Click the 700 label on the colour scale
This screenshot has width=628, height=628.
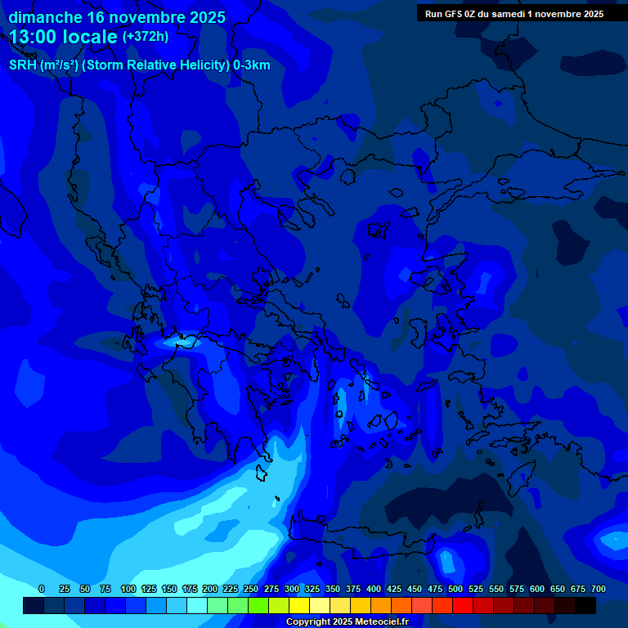(x=599, y=590)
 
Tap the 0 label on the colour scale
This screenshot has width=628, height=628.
(x=42, y=590)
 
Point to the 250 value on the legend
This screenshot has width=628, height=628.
(x=251, y=590)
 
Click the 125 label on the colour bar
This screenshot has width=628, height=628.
(x=149, y=590)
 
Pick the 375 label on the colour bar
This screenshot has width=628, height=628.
(x=353, y=590)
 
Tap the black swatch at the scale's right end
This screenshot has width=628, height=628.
(x=585, y=606)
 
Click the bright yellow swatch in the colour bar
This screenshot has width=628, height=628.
(x=299, y=606)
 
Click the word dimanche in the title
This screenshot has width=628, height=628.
(x=45, y=17)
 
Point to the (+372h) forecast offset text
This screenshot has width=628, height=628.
(x=146, y=37)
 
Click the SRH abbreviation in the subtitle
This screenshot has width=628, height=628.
(x=21, y=65)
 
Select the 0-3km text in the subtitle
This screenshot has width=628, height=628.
(x=251, y=65)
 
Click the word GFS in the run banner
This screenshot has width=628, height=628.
(x=457, y=14)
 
